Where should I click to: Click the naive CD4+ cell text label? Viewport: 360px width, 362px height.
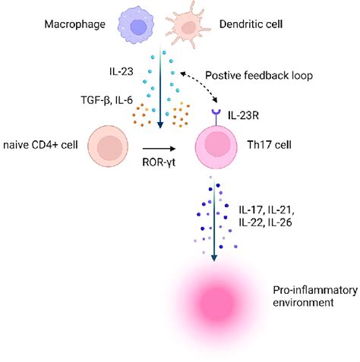point(42,144)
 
